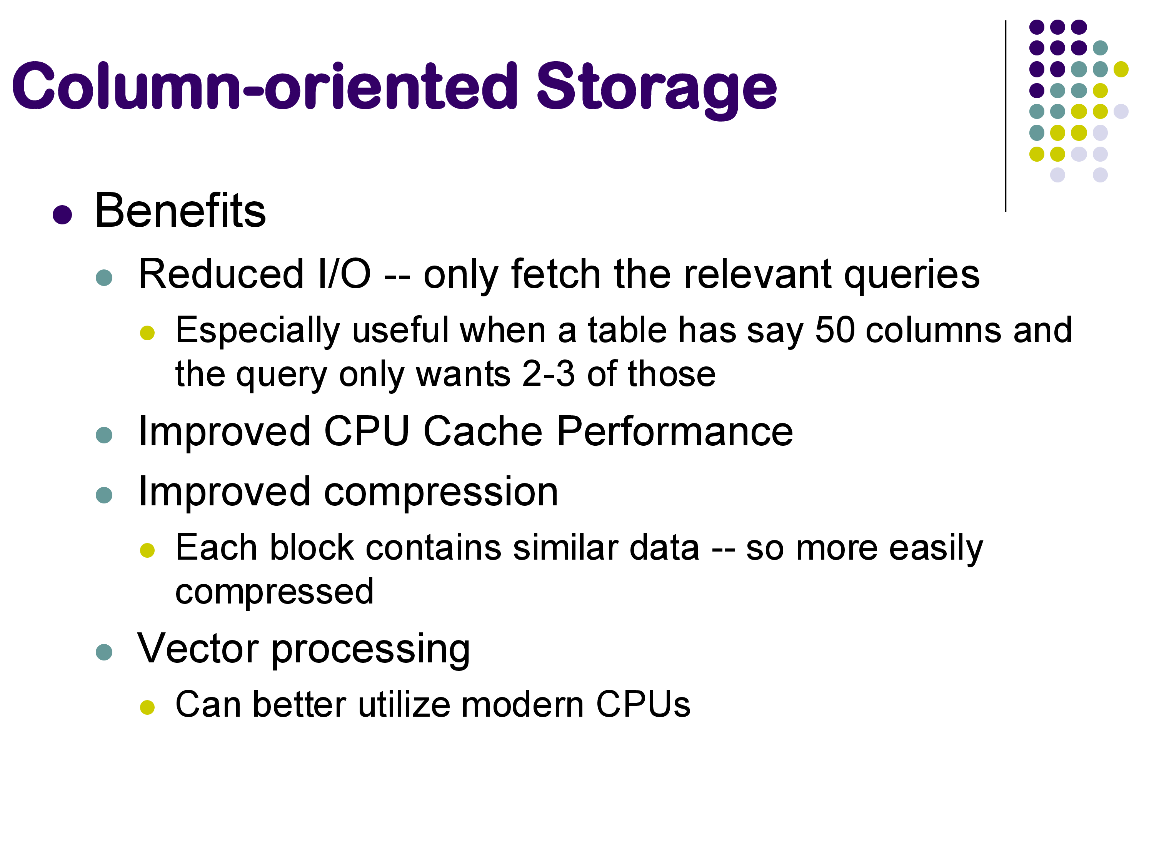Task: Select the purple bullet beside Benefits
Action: [62, 214]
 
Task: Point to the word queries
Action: [912, 276]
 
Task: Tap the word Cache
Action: [483, 432]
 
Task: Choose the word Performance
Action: [675, 432]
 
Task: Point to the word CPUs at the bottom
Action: [643, 704]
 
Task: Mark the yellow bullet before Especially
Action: [148, 333]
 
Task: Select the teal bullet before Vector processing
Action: [104, 652]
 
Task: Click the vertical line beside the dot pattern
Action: [1005, 116]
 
